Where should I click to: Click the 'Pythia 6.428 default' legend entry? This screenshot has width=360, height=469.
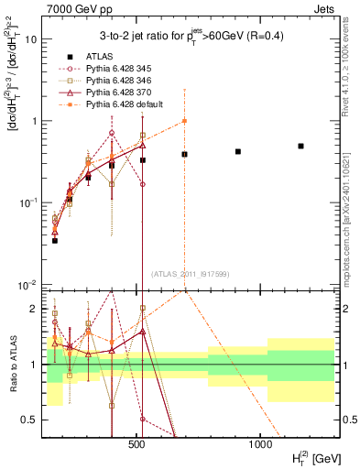pyautogui.click(x=128, y=104)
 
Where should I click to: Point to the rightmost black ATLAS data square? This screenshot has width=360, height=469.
pyautogui.click(x=300, y=146)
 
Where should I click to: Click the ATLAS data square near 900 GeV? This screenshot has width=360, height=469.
pyautogui.click(x=238, y=151)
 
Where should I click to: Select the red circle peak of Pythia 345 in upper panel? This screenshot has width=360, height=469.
pyautogui.click(x=112, y=133)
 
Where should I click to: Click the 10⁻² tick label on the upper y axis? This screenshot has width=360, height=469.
pyautogui.click(x=28, y=285)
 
